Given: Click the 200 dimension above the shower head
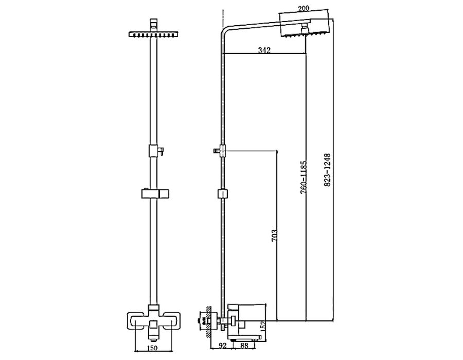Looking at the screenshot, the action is pyautogui.click(x=303, y=8).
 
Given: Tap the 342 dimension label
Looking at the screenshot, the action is pyautogui.click(x=264, y=50).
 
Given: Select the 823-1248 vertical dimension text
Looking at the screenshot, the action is pyautogui.click(x=327, y=170).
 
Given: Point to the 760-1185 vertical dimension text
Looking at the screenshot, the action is pyautogui.click(x=304, y=177).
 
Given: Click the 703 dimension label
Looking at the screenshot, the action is pyautogui.click(x=274, y=236).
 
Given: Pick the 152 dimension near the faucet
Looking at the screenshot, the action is pyautogui.click(x=263, y=327).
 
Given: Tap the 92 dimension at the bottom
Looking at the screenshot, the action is pyautogui.click(x=223, y=345).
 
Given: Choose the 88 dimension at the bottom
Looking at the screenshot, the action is pyautogui.click(x=244, y=345).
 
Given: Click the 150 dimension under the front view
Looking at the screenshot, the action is pyautogui.click(x=152, y=348).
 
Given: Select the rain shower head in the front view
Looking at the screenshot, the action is pyautogui.click(x=153, y=34).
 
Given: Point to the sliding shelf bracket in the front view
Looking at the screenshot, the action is pyautogui.click(x=155, y=194).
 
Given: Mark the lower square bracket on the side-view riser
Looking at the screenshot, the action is pyautogui.click(x=223, y=194).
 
